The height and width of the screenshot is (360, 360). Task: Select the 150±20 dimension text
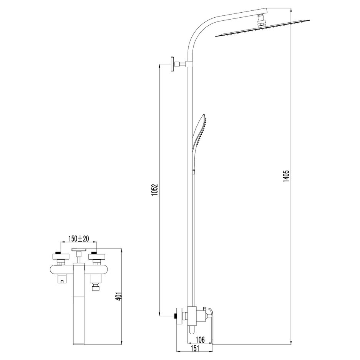[x=78, y=239]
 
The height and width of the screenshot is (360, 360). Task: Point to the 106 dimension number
[x=200, y=340]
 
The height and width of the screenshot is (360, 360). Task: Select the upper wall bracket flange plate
[x=173, y=64]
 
